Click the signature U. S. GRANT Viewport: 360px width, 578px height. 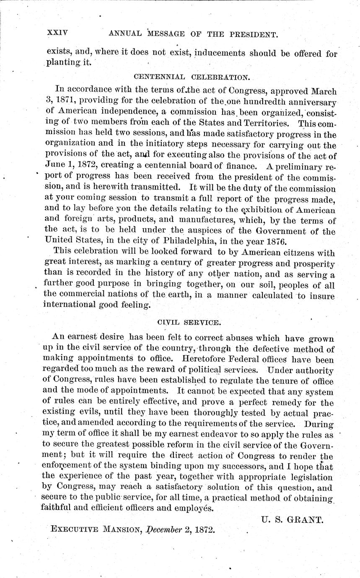[292, 520]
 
